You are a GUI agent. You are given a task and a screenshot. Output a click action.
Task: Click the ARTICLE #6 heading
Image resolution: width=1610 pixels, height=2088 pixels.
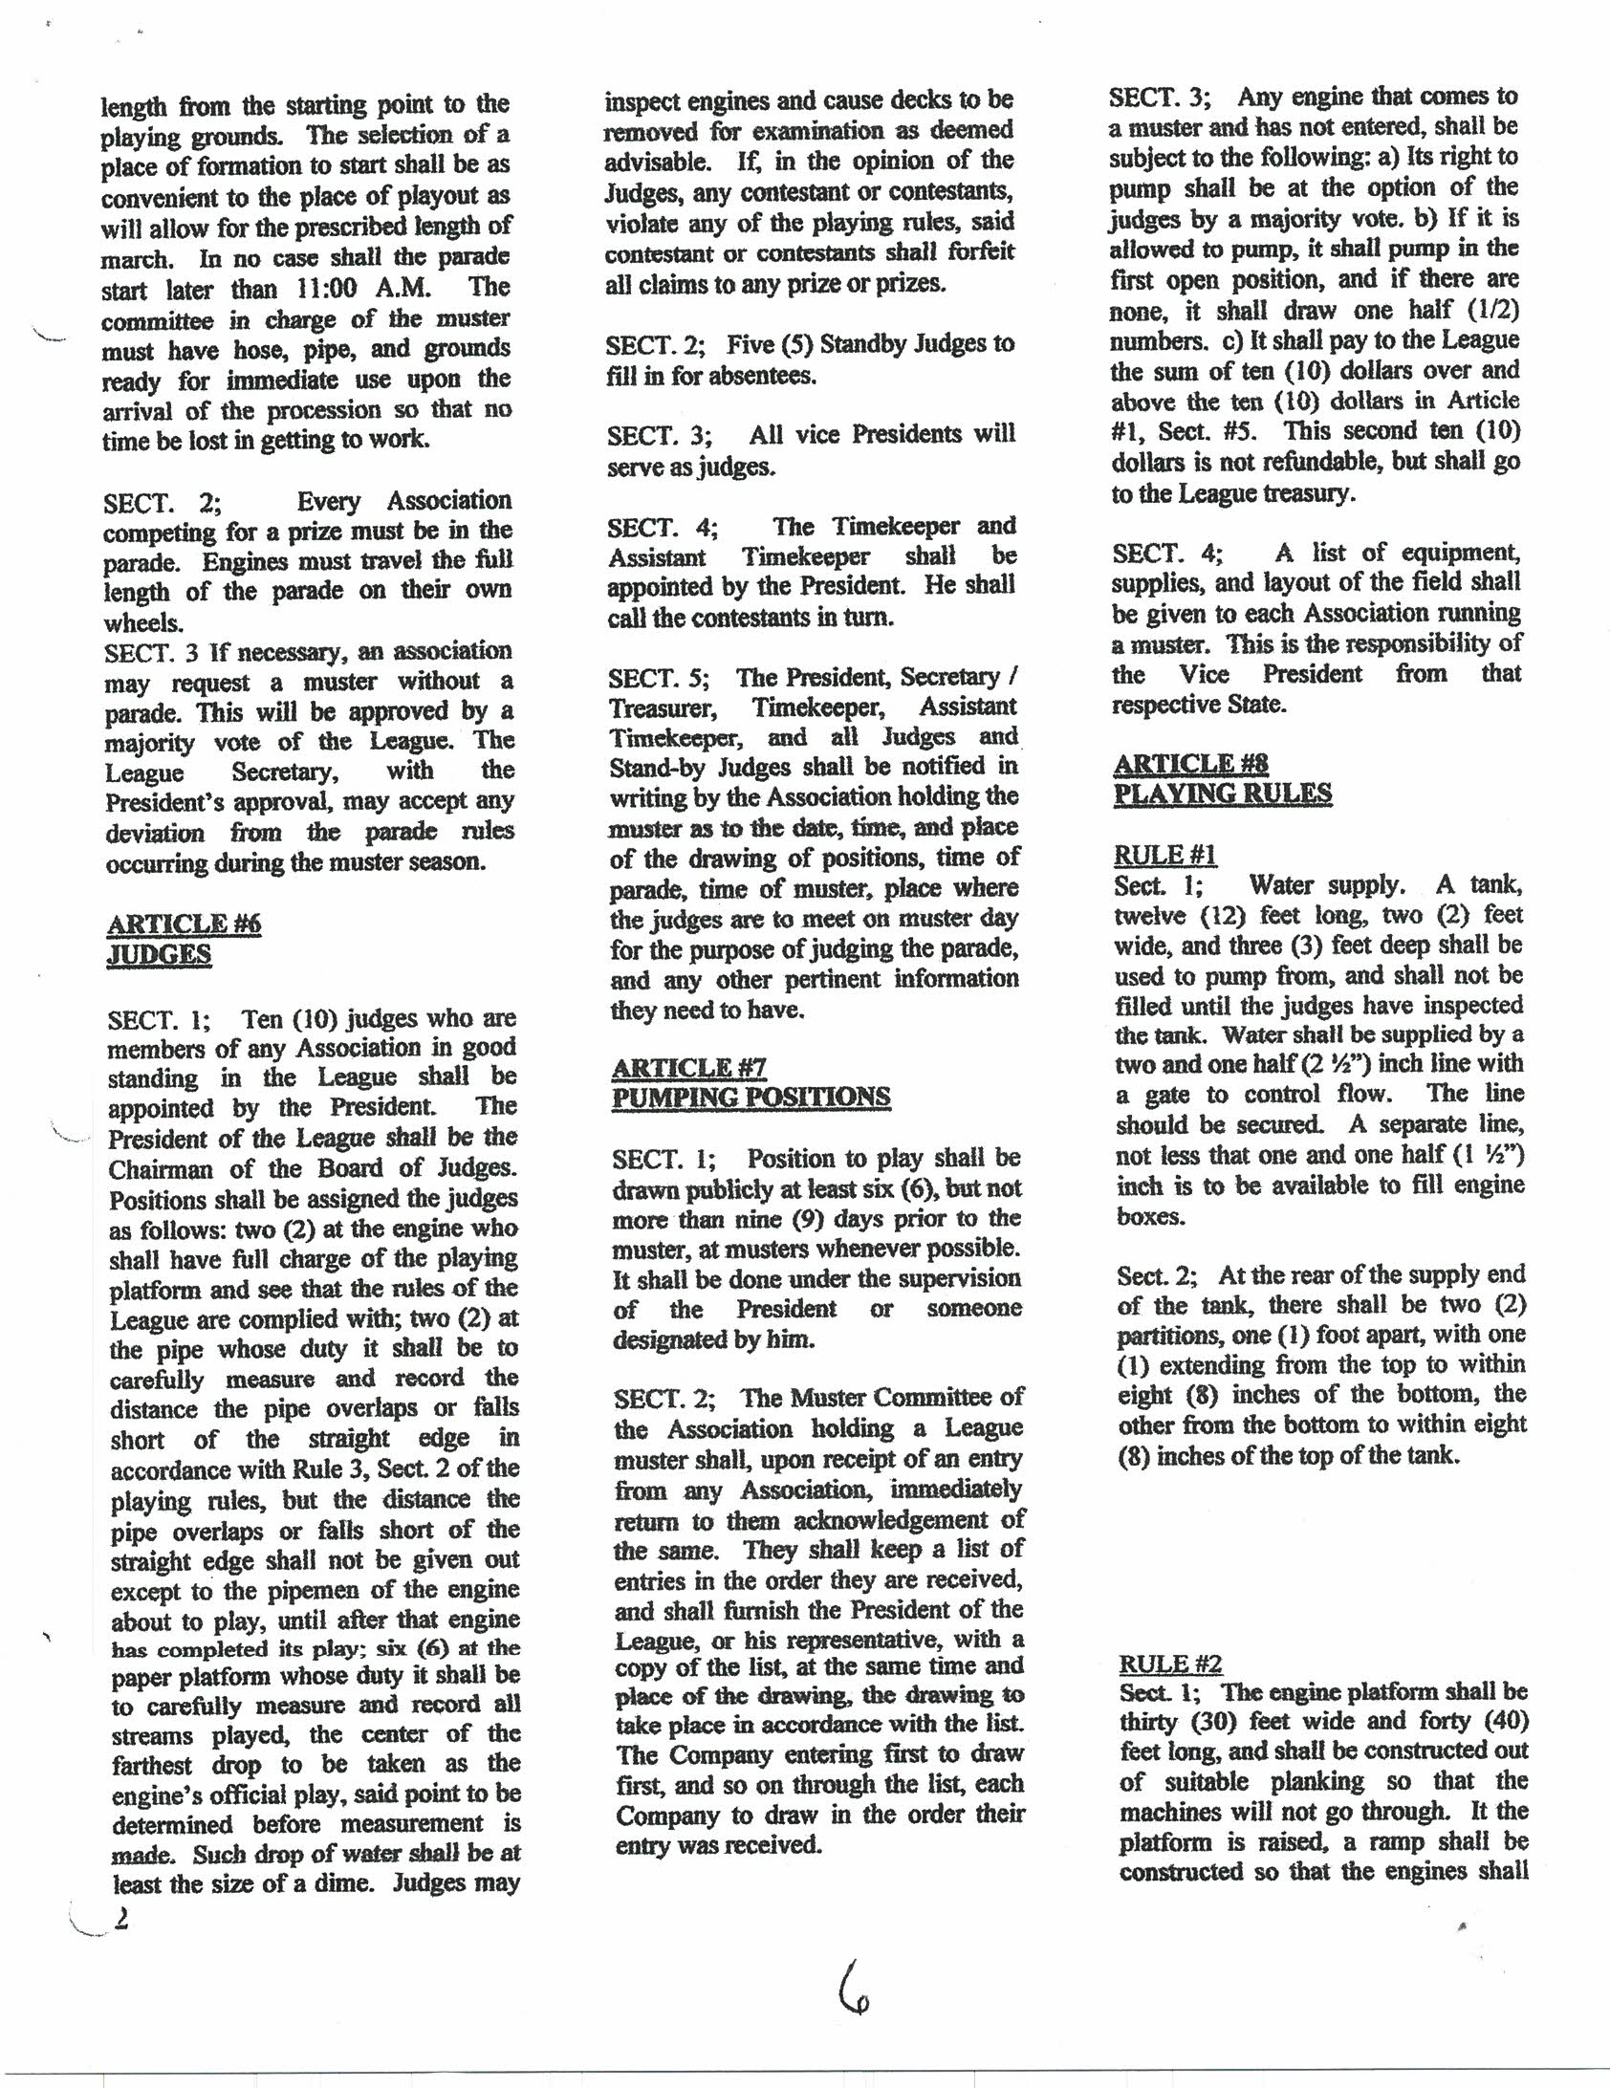tap(184, 924)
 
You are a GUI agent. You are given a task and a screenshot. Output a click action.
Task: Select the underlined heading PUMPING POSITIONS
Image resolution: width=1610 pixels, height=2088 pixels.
tap(751, 1097)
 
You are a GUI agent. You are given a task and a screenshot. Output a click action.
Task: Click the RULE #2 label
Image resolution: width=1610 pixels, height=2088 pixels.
tap(1170, 1664)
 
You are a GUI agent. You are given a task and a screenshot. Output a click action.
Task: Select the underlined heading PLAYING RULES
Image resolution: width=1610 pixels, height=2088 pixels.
tap(1222, 794)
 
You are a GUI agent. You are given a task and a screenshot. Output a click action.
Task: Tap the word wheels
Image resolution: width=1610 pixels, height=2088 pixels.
tap(142, 622)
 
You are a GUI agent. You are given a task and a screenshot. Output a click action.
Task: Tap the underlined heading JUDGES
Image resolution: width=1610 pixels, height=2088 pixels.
tap(159, 954)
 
